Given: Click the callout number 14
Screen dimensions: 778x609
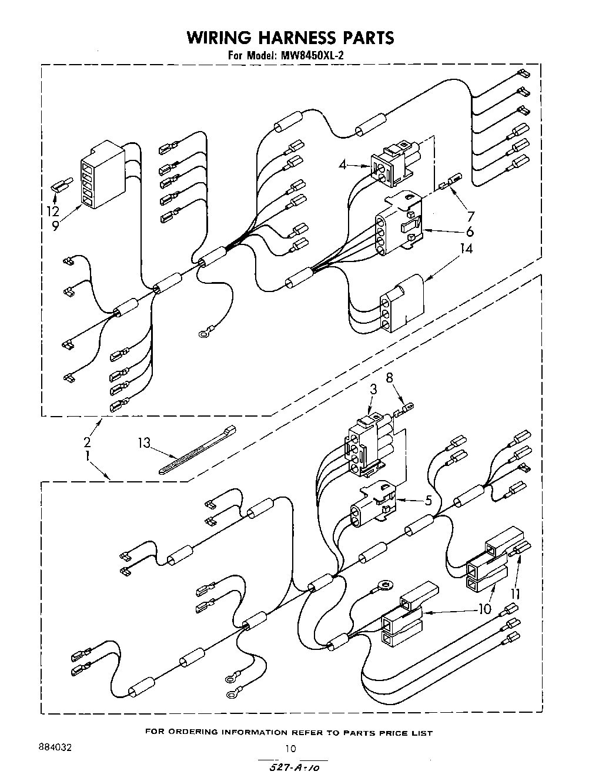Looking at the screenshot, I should click(x=466, y=249).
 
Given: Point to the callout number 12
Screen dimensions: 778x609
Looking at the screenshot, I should click(x=53, y=210).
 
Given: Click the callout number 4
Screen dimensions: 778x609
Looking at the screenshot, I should click(x=342, y=165).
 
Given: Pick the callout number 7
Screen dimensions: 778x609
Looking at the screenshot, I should click(x=470, y=215).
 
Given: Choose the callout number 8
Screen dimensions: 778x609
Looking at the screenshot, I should click(x=389, y=378).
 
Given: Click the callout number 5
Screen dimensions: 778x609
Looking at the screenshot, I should click(x=429, y=501).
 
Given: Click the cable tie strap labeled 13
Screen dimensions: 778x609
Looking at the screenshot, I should click(x=197, y=450).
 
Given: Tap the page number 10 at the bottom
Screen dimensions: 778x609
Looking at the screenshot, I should click(x=290, y=748).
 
